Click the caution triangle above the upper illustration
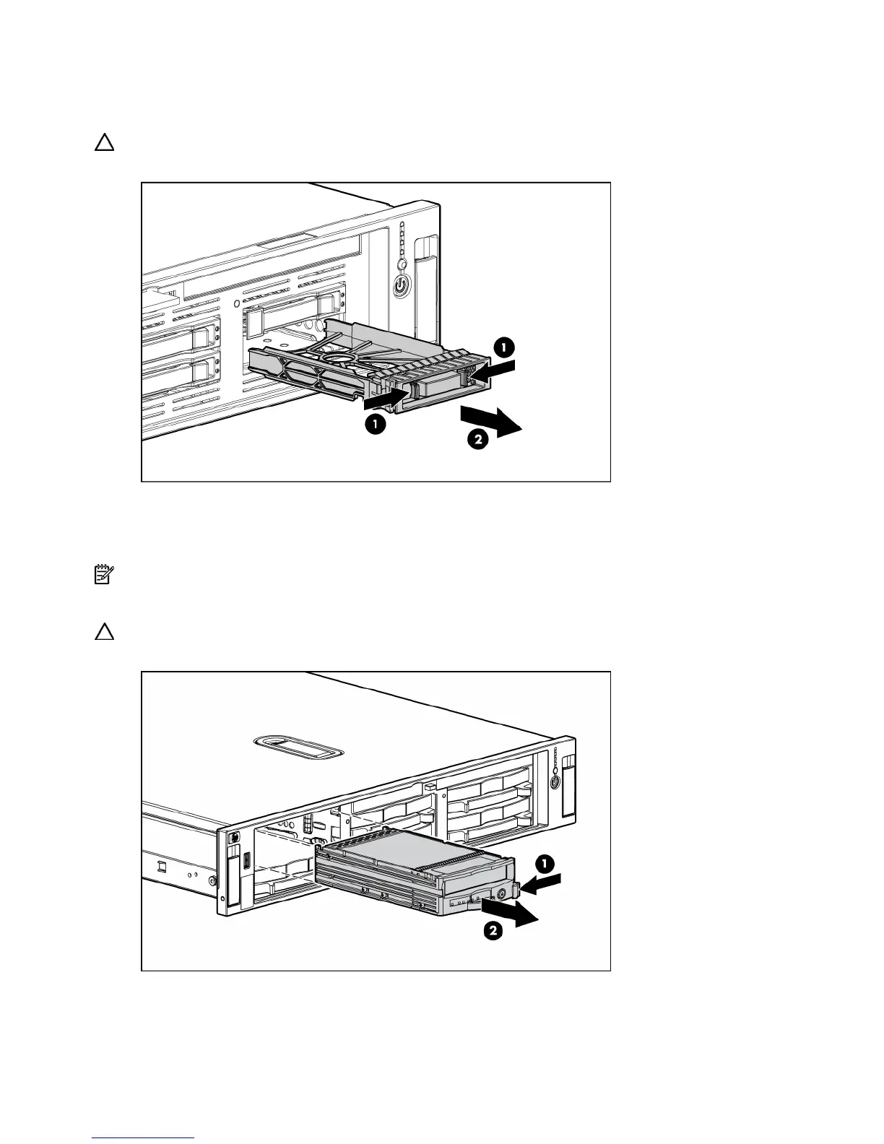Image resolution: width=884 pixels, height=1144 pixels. pos(105,142)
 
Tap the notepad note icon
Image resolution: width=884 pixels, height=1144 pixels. pos(103,575)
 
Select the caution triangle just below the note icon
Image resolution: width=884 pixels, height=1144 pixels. pos(105,632)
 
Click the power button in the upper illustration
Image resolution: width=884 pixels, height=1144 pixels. pos(402,287)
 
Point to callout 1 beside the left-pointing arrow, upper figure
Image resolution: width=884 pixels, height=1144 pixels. pos(503,347)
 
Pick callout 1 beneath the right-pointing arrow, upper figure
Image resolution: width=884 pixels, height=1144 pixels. pos(374,424)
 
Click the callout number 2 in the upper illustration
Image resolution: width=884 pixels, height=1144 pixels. pos(477,439)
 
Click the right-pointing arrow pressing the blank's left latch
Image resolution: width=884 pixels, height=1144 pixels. pos(383,396)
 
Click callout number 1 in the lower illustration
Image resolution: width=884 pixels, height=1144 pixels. pos(545,863)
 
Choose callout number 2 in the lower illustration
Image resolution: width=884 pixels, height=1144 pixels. pos(491,932)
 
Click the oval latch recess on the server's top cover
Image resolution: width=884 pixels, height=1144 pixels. pos(298,747)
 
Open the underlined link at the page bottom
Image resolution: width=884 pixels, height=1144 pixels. pos(144,1138)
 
